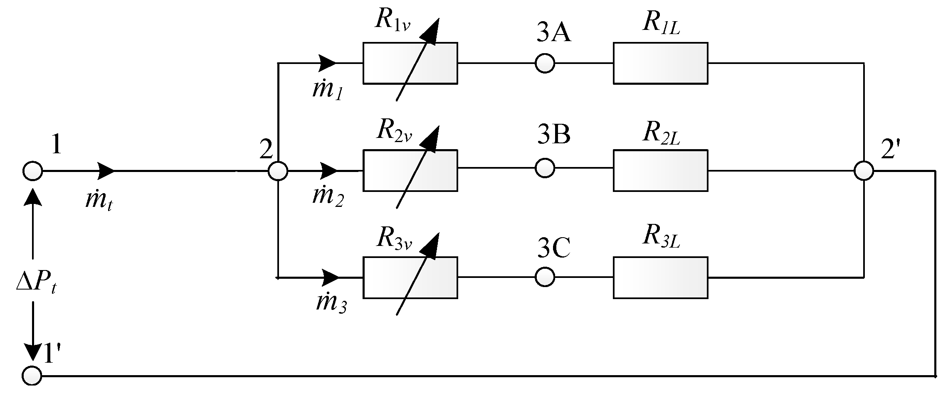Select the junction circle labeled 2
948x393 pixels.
click(277, 171)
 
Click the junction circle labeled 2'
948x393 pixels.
click(864, 171)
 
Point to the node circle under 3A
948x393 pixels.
click(544, 64)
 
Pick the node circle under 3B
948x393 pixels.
click(544, 168)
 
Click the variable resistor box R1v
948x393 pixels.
click(410, 63)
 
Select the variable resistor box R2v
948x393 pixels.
click(410, 170)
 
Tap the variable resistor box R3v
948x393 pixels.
click(410, 278)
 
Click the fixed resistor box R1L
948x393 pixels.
click(660, 63)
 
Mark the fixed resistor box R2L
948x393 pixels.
click(660, 170)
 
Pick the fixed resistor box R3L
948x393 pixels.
click(660, 278)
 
